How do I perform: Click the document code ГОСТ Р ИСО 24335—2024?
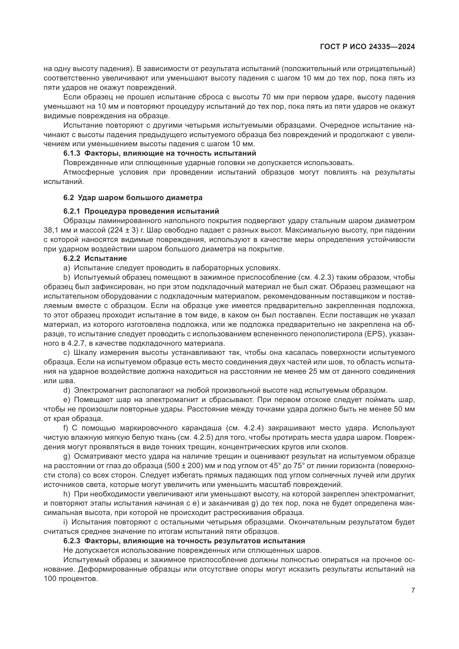click(x=367, y=47)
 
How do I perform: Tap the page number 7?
click(x=413, y=590)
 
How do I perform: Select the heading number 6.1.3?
click(x=72, y=153)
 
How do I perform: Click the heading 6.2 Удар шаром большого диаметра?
click(x=133, y=198)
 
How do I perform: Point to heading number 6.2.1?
click(x=72, y=211)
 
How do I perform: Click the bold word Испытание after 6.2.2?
click(x=106, y=258)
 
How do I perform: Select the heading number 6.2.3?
click(x=72, y=541)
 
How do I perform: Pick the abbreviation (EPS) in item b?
click(x=376, y=334)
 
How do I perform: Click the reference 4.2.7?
click(x=74, y=344)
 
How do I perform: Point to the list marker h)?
click(x=67, y=494)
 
